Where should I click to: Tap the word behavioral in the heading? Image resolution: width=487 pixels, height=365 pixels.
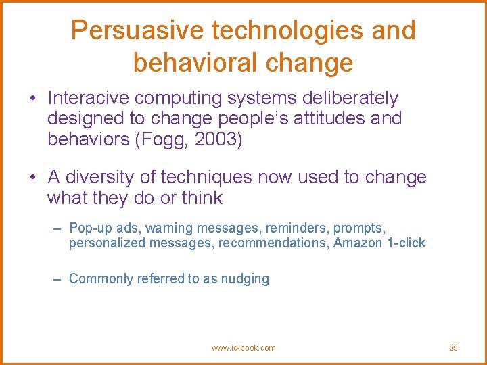[x=189, y=62]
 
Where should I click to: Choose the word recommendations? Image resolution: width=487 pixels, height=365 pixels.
[x=273, y=243]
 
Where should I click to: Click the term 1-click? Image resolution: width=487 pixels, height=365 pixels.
[x=406, y=243]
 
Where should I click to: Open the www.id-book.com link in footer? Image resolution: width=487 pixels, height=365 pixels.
[x=243, y=348]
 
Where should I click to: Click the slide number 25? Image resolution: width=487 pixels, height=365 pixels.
[x=453, y=348]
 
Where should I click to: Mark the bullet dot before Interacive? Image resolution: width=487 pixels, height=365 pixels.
[x=32, y=99]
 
